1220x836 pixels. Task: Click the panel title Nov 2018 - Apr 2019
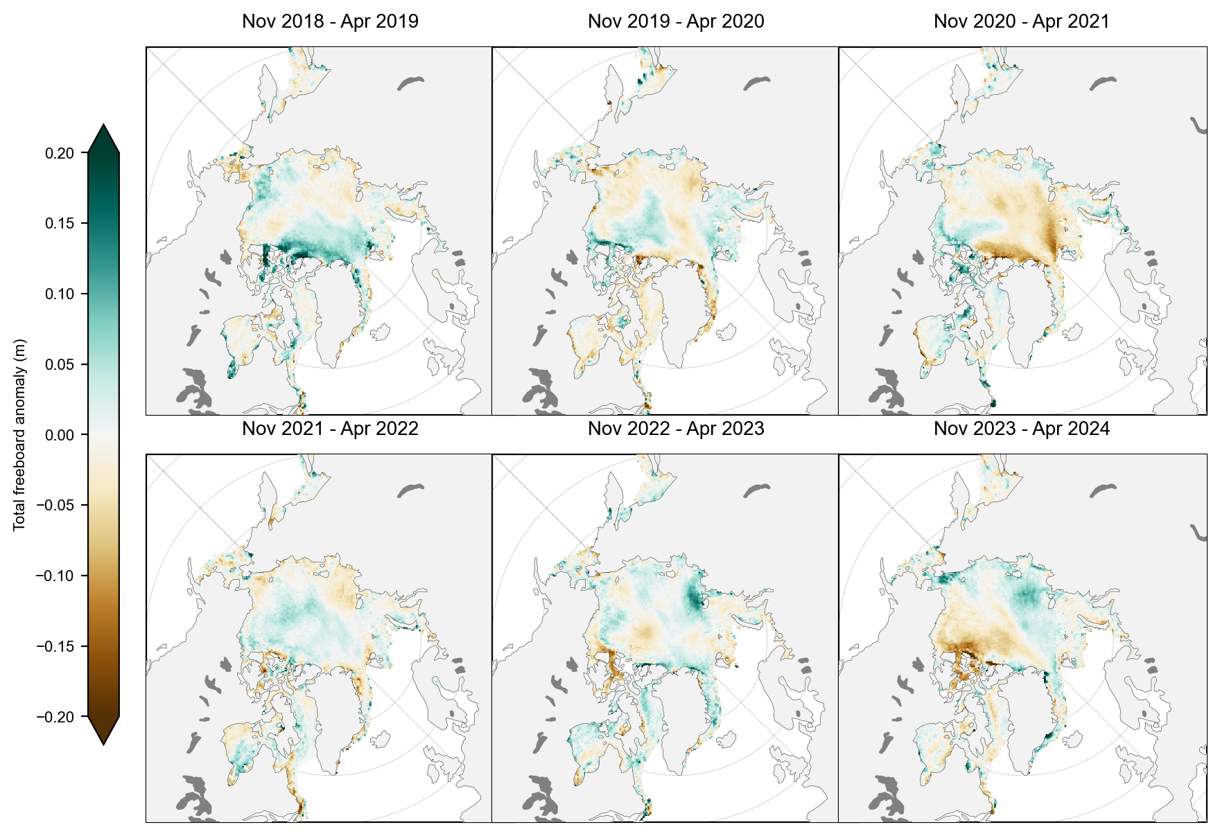[x=330, y=21]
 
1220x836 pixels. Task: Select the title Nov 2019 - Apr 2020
[x=676, y=21]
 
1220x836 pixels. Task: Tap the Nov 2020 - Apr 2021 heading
[x=1021, y=21]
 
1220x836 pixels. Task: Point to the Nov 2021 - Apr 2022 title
[x=330, y=429]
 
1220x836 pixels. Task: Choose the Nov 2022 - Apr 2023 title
[x=676, y=429]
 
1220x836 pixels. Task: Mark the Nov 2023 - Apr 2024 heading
[x=1021, y=429]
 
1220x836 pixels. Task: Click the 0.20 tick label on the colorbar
[x=60, y=153]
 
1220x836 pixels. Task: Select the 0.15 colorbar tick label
[x=60, y=224]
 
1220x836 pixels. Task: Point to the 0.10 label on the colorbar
[x=60, y=294]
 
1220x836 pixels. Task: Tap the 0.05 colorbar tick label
[x=60, y=365]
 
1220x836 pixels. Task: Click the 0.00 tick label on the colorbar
[x=60, y=435]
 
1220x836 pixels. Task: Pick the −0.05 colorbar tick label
[x=55, y=506]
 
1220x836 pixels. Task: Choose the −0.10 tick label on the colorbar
[x=55, y=576]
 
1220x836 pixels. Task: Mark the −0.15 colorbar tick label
[x=55, y=647]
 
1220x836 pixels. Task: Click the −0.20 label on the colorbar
[x=55, y=718]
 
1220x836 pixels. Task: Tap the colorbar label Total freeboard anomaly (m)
[x=19, y=435]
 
